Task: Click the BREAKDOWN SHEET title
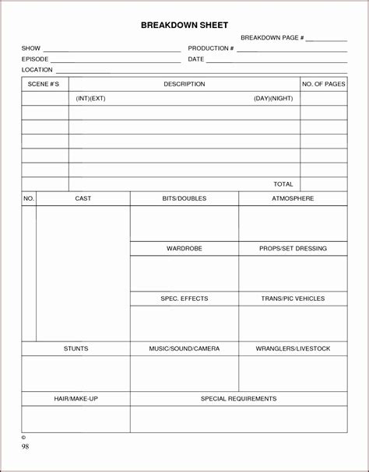[x=184, y=26]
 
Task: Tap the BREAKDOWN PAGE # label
[x=272, y=37]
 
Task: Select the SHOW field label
[x=31, y=48]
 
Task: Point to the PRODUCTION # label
[x=211, y=48]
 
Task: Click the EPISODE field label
[x=35, y=59]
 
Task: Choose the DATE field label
[x=196, y=59]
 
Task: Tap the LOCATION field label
[x=37, y=70]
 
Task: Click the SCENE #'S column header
[x=44, y=84]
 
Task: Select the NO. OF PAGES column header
[x=324, y=84]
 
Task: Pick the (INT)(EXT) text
[x=90, y=99]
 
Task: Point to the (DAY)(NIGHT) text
[x=274, y=99]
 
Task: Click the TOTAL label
[x=283, y=184]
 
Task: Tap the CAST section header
[x=83, y=198]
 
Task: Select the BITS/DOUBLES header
[x=184, y=198]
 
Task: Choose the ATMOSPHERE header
[x=293, y=198]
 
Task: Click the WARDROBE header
[x=184, y=249]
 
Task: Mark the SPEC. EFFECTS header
[x=184, y=299]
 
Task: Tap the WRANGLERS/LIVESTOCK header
[x=293, y=348]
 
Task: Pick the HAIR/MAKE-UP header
[x=76, y=399]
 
